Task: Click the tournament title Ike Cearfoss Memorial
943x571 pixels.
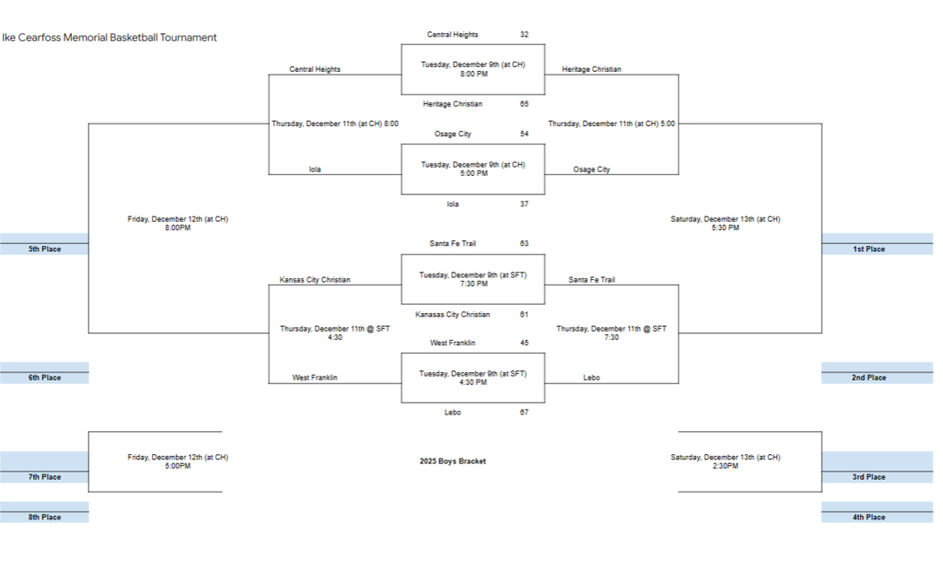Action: (110, 38)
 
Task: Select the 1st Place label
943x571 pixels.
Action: (867, 249)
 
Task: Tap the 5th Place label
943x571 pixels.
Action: (44, 249)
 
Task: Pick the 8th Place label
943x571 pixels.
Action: (44, 518)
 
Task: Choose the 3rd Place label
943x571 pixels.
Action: (867, 477)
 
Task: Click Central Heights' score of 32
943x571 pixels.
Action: (524, 35)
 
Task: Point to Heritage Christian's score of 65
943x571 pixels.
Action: (524, 104)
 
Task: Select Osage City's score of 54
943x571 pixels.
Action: (524, 134)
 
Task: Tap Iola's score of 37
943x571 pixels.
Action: (524, 204)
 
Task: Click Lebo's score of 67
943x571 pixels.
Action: (524, 413)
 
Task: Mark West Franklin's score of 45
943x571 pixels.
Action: (524, 343)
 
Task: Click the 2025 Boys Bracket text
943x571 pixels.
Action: (452, 461)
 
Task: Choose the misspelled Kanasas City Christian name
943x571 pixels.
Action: (452, 315)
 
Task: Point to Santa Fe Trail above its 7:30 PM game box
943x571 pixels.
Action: (452, 244)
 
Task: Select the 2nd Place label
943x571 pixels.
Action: (867, 378)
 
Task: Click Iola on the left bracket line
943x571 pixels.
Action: (315, 169)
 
